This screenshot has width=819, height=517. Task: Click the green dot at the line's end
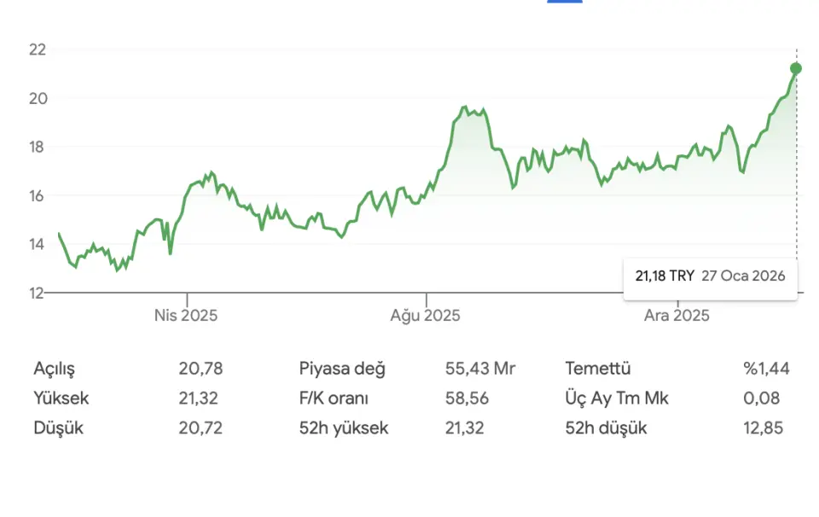pos(796,68)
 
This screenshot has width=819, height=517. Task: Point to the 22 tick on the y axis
pos(37,49)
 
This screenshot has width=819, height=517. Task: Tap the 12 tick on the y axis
pos(37,293)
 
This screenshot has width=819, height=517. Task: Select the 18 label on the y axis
pos(37,147)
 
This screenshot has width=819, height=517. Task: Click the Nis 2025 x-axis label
pos(186,316)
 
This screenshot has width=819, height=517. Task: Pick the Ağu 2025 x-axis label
pos(426,316)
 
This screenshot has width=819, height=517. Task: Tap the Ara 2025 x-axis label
pos(677,316)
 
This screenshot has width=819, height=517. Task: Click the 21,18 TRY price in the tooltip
pos(665,276)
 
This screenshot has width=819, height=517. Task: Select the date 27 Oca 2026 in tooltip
pos(743,276)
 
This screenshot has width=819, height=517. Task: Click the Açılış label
pos(55,369)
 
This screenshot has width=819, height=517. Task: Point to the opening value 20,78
pos(200,369)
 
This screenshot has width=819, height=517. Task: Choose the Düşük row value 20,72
pos(200,428)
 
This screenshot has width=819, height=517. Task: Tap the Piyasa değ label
pos(342,369)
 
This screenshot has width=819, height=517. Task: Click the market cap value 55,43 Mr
pos(480,369)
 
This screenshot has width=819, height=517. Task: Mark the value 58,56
pos(464,398)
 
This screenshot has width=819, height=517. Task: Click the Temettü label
pos(597,369)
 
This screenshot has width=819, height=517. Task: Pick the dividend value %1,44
pos(766,369)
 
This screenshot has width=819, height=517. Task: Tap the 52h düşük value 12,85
pos(764,428)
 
